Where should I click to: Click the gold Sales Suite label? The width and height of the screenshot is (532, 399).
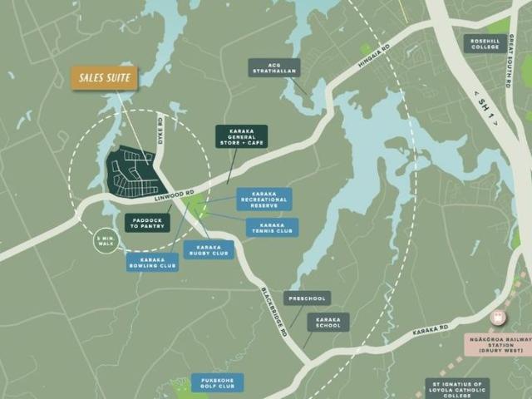[x=104, y=77]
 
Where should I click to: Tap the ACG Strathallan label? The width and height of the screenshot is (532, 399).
[x=273, y=67]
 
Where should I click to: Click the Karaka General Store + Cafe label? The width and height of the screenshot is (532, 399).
[x=241, y=136]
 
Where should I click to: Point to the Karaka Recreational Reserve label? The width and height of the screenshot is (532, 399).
[x=264, y=199]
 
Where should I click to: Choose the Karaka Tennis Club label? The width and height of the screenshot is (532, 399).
[x=272, y=227]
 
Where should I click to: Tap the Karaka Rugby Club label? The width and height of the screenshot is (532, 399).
[x=209, y=249]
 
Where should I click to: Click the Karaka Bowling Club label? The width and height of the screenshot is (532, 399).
[x=152, y=262]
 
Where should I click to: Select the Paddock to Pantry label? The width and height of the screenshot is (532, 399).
[x=147, y=223]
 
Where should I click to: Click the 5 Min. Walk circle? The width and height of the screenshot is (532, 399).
[x=106, y=240]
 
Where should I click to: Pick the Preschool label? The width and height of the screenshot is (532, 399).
[x=307, y=298]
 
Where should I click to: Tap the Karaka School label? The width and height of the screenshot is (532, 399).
[x=328, y=323]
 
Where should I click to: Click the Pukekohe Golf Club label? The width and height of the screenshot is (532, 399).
[x=217, y=383]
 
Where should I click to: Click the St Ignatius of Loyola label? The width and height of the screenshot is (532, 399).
[x=457, y=388]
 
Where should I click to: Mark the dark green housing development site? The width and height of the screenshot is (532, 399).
[x=132, y=171]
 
